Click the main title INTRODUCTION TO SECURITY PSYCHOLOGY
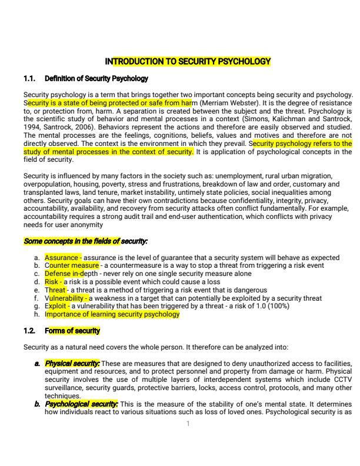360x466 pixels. pyautogui.click(x=187, y=61)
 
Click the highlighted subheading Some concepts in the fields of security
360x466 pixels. pyautogui.click(x=85, y=241)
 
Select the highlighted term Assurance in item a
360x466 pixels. pyautogui.click(x=62, y=258)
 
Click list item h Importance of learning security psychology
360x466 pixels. pyautogui.click(x=112, y=314)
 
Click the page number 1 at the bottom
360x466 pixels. pyautogui.click(x=187, y=424)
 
